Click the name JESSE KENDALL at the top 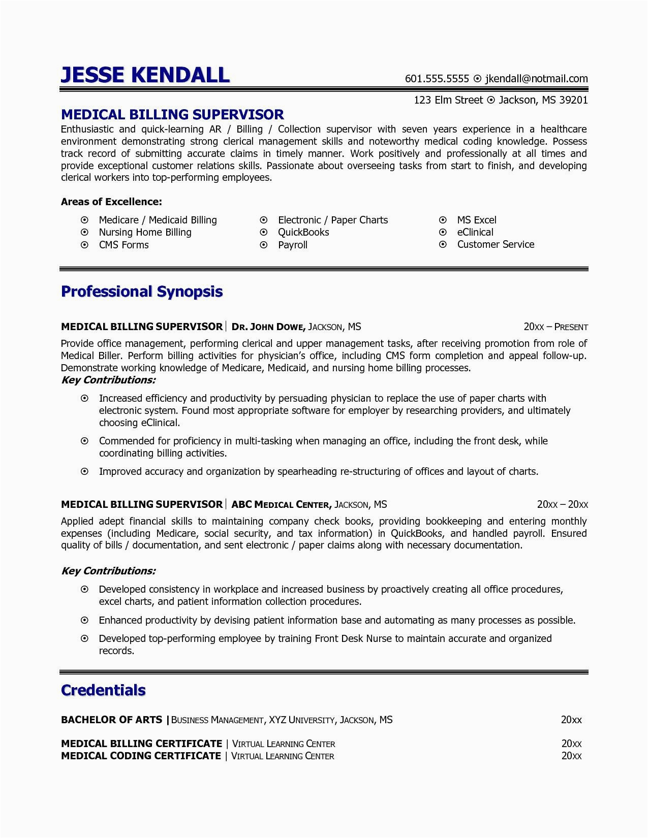[x=145, y=75]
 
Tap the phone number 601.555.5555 [x=437, y=79]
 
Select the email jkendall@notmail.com [x=536, y=79]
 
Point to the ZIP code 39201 [x=573, y=100]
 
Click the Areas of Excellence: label [x=111, y=202]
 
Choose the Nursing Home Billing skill [x=145, y=232]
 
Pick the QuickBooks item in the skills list [x=303, y=232]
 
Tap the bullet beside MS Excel [x=443, y=220]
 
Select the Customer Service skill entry [x=496, y=244]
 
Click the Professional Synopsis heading [x=142, y=292]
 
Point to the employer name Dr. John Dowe [x=268, y=327]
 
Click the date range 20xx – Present [x=556, y=327]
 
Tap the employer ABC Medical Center [x=281, y=505]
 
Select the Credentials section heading [x=103, y=690]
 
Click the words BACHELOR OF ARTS [x=111, y=720]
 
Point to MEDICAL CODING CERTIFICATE [x=141, y=756]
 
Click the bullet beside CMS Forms [x=85, y=245]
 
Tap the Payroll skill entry [x=293, y=245]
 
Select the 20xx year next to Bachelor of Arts [x=571, y=720]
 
